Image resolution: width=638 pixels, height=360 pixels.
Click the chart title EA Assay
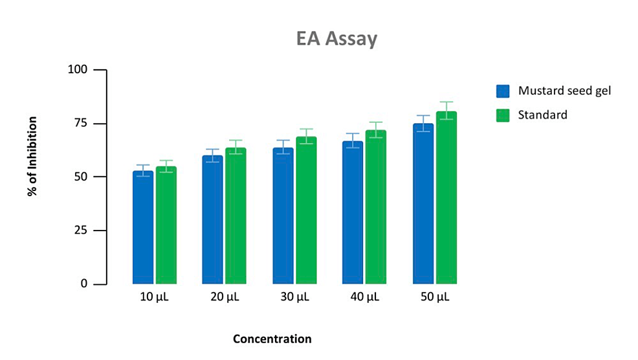tap(336, 39)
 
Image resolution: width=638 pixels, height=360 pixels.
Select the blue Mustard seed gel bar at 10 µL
tap(143, 227)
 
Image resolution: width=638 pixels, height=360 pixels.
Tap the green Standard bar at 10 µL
tap(166, 225)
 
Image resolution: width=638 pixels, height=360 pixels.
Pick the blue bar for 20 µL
tap(213, 219)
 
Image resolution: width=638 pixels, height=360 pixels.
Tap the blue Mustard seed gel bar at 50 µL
tap(423, 203)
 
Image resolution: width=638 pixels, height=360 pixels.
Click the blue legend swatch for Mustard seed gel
tap(503, 91)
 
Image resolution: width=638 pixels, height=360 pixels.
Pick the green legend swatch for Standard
tap(503, 115)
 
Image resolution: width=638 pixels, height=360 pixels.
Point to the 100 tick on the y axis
tap(78, 70)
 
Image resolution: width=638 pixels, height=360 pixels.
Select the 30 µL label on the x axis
tap(294, 298)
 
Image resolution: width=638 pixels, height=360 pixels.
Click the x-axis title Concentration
tap(272, 339)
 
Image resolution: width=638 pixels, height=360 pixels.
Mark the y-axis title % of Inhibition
tap(33, 157)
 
